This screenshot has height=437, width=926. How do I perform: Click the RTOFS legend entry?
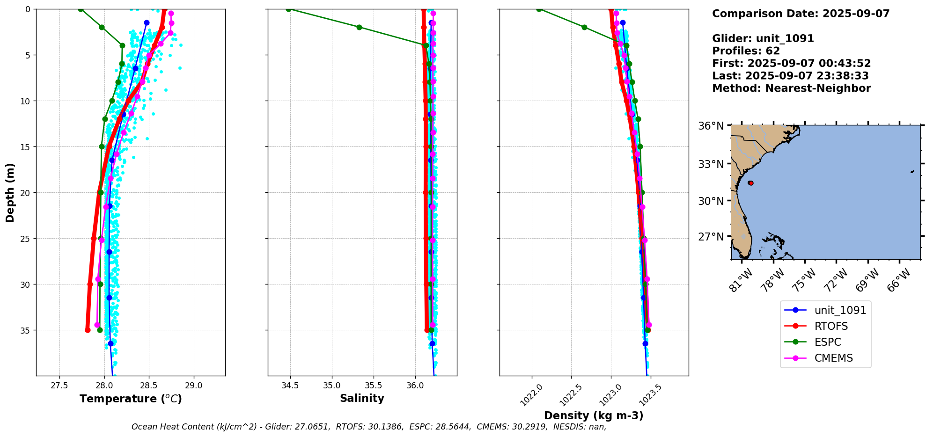831,326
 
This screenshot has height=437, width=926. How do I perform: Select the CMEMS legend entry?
833,358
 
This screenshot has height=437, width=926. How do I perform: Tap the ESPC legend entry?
828,342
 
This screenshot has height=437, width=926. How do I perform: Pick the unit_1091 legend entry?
840,310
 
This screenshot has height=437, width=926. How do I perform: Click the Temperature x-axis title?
131,399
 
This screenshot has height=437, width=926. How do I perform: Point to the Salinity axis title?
362,398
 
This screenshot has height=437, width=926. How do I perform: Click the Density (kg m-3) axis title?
594,415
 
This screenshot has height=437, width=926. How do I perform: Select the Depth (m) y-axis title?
10,192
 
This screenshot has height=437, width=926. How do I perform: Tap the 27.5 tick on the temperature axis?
59,386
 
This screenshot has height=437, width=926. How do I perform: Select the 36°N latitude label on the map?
711,126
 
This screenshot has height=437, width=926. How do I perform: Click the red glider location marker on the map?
750,183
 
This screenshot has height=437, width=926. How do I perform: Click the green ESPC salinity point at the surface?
288,9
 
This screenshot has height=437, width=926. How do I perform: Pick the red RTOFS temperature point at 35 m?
88,330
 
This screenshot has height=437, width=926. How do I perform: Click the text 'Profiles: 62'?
746,51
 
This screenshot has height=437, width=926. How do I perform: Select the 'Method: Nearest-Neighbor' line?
791,88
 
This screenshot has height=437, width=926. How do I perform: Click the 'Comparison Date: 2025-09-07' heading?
801,14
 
